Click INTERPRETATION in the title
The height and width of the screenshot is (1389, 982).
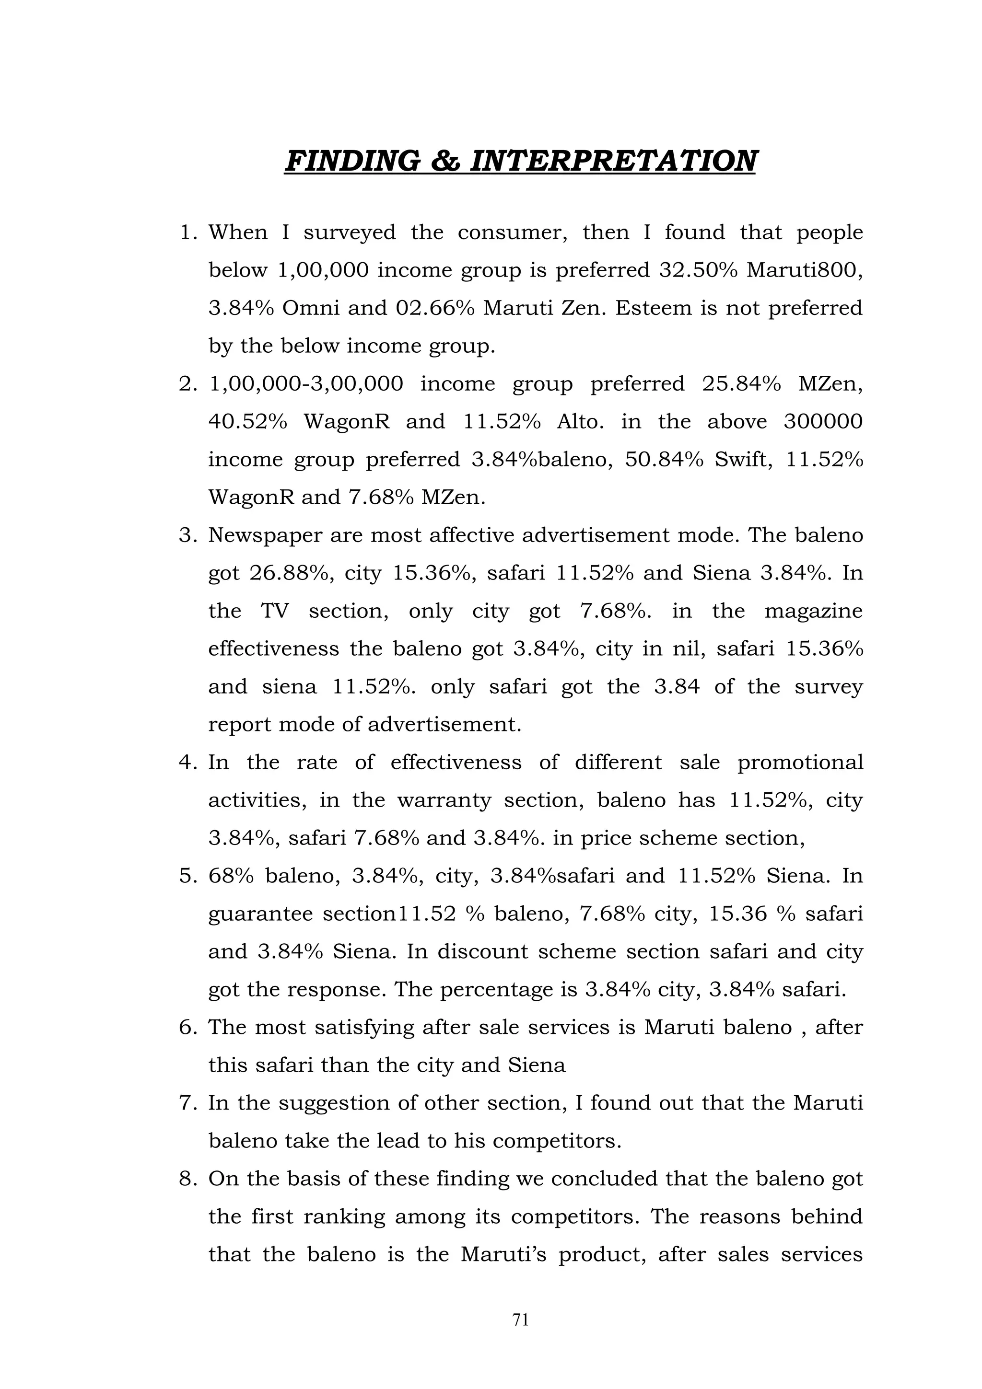click(x=612, y=162)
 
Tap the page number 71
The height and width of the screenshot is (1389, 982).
click(x=520, y=1320)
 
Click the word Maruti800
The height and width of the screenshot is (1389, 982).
click(x=804, y=270)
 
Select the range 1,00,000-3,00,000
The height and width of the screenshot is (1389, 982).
click(x=305, y=384)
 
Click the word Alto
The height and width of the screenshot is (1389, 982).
click(x=580, y=422)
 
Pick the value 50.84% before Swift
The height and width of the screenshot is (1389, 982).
click(x=665, y=460)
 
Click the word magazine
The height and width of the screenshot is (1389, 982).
click(x=813, y=611)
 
